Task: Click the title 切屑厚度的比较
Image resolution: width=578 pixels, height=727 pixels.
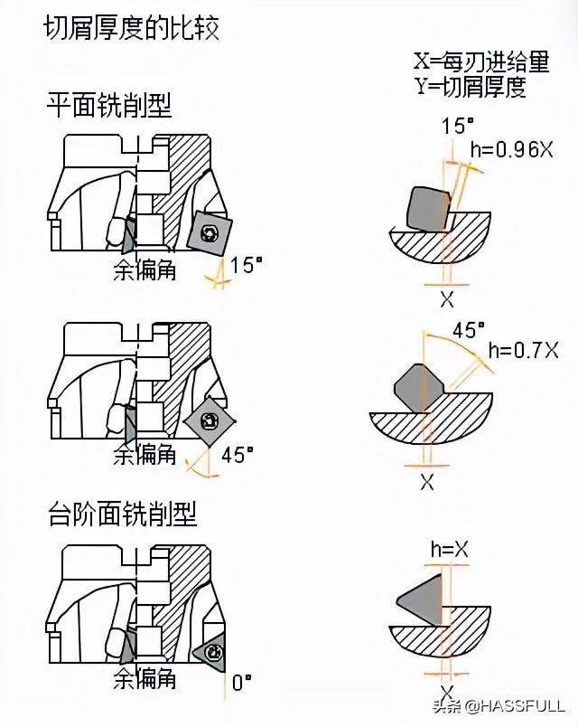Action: (x=132, y=28)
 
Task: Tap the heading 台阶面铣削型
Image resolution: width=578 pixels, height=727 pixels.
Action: (x=122, y=515)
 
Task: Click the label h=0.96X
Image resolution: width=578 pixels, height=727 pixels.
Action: (x=511, y=150)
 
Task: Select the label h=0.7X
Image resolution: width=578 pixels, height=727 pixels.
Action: (x=524, y=348)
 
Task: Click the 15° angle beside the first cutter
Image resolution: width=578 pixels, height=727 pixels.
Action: (x=246, y=264)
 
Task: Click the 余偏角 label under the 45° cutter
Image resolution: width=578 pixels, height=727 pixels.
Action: (x=144, y=455)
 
